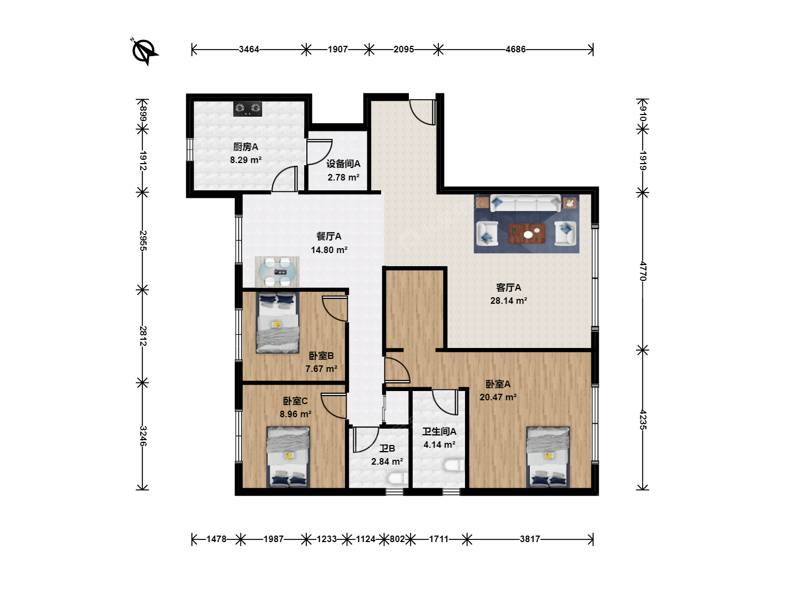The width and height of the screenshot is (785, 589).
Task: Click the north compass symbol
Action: (144, 51)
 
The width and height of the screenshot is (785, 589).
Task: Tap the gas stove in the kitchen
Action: (247, 109)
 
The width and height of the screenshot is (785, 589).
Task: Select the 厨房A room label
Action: (245, 147)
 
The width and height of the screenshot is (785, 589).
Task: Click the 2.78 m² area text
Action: (343, 177)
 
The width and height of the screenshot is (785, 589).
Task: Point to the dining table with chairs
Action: (277, 272)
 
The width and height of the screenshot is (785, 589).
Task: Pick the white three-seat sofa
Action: (526, 203)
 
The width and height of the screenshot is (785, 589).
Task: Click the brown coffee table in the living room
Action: (527, 233)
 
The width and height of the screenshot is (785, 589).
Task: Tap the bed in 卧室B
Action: (277, 322)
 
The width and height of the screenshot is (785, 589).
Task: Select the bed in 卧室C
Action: (288, 457)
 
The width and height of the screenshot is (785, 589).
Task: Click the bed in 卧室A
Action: (548, 457)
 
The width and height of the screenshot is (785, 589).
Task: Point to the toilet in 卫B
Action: (397, 478)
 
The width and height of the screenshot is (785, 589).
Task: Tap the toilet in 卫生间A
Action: (454, 465)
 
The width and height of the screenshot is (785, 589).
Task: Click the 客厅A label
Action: (509, 287)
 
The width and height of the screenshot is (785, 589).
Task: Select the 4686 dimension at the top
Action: (515, 49)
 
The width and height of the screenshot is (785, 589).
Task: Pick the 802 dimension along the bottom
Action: (397, 539)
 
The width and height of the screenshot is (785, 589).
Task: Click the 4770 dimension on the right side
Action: (643, 271)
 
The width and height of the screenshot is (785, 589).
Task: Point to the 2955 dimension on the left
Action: (143, 241)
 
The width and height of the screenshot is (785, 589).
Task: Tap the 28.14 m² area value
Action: (509, 300)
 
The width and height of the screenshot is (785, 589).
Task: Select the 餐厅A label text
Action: (329, 236)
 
